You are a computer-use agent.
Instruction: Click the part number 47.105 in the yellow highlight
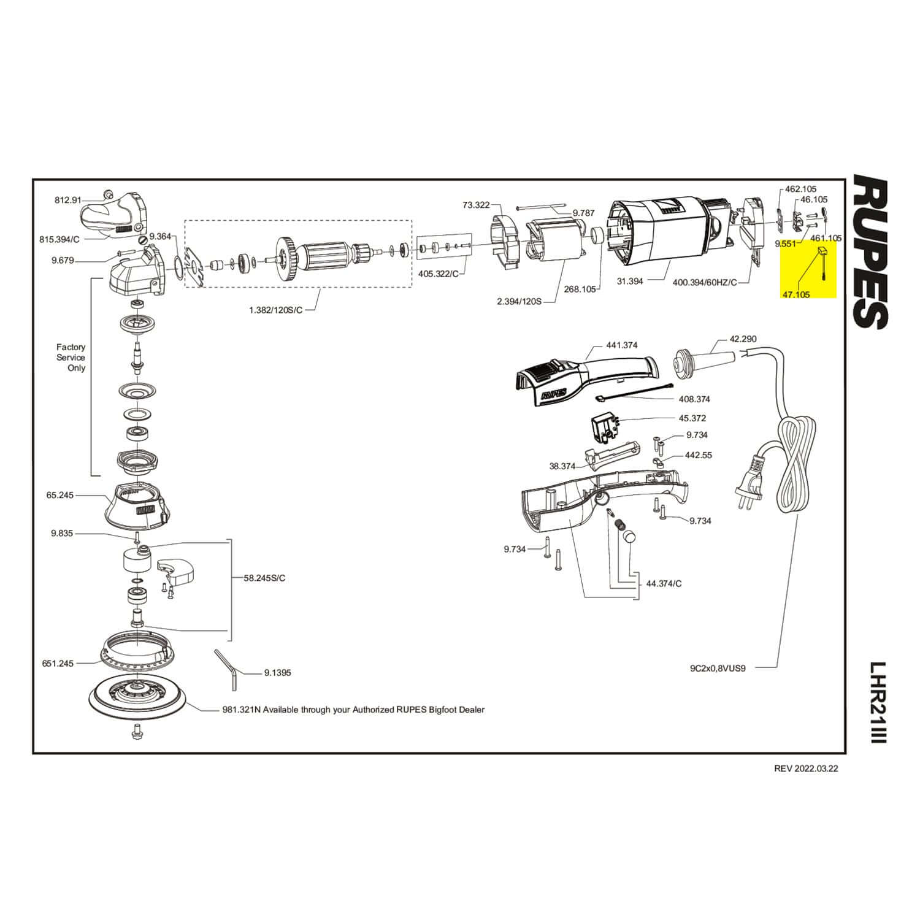[795, 294]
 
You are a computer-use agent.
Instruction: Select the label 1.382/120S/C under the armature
[276, 310]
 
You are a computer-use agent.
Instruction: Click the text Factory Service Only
[71, 358]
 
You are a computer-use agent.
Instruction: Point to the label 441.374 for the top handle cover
[621, 345]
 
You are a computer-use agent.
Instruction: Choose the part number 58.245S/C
[264, 578]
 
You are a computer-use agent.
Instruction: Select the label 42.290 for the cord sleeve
[743, 339]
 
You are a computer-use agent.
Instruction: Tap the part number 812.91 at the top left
[68, 199]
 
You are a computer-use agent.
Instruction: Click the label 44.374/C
[664, 583]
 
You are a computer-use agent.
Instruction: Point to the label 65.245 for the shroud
[59, 494]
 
